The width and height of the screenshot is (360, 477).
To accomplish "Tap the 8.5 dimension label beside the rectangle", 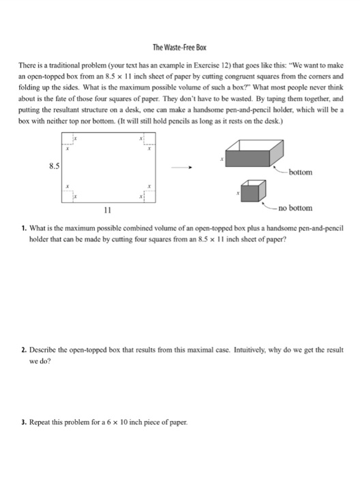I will pyautogui.click(x=54, y=165).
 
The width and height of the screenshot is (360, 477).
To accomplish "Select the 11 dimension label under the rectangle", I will pyautogui.click(x=106, y=211).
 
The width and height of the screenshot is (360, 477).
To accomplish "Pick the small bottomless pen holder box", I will pyautogui.click(x=251, y=192).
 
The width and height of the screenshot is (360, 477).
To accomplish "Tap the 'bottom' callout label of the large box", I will pyautogui.click(x=300, y=172).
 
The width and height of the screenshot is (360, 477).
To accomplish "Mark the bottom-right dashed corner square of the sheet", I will pyautogui.click(x=149, y=196).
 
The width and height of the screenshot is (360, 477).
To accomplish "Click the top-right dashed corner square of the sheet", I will pyautogui.click(x=149, y=140).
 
